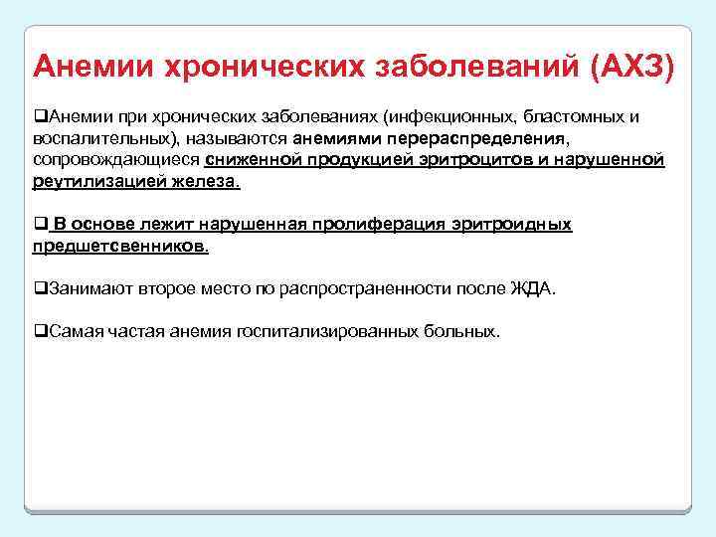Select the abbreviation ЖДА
[x=537, y=288]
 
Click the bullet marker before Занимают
[x=40, y=288]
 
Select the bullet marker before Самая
[x=40, y=331]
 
